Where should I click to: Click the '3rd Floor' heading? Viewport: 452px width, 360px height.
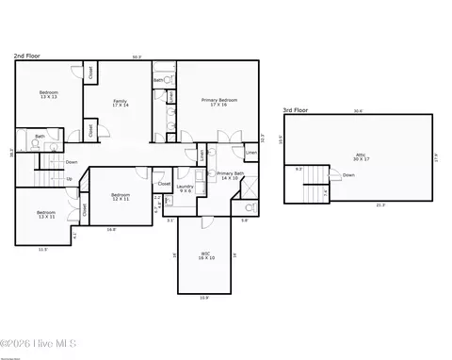[296, 110]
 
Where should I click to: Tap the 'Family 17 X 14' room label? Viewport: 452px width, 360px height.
[121, 103]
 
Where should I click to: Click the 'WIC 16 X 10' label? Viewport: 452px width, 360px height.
[205, 254]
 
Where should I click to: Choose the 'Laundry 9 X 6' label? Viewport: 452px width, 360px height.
[185, 188]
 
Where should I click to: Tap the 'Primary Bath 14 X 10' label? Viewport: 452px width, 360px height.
[231, 175]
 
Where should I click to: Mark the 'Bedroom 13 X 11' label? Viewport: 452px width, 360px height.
[46, 215]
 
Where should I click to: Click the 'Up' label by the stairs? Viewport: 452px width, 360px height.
[69, 178]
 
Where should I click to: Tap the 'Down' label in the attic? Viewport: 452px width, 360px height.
[348, 175]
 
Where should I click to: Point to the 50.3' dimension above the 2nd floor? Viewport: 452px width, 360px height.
[137, 57]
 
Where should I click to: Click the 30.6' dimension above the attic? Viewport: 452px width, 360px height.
[358, 111]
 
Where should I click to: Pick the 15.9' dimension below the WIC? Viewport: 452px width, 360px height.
[204, 298]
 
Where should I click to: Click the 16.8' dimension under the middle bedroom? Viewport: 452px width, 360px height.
[111, 229]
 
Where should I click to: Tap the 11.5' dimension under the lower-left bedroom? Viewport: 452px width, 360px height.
[42, 249]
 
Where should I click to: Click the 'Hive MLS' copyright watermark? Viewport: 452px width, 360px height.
[39, 344]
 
